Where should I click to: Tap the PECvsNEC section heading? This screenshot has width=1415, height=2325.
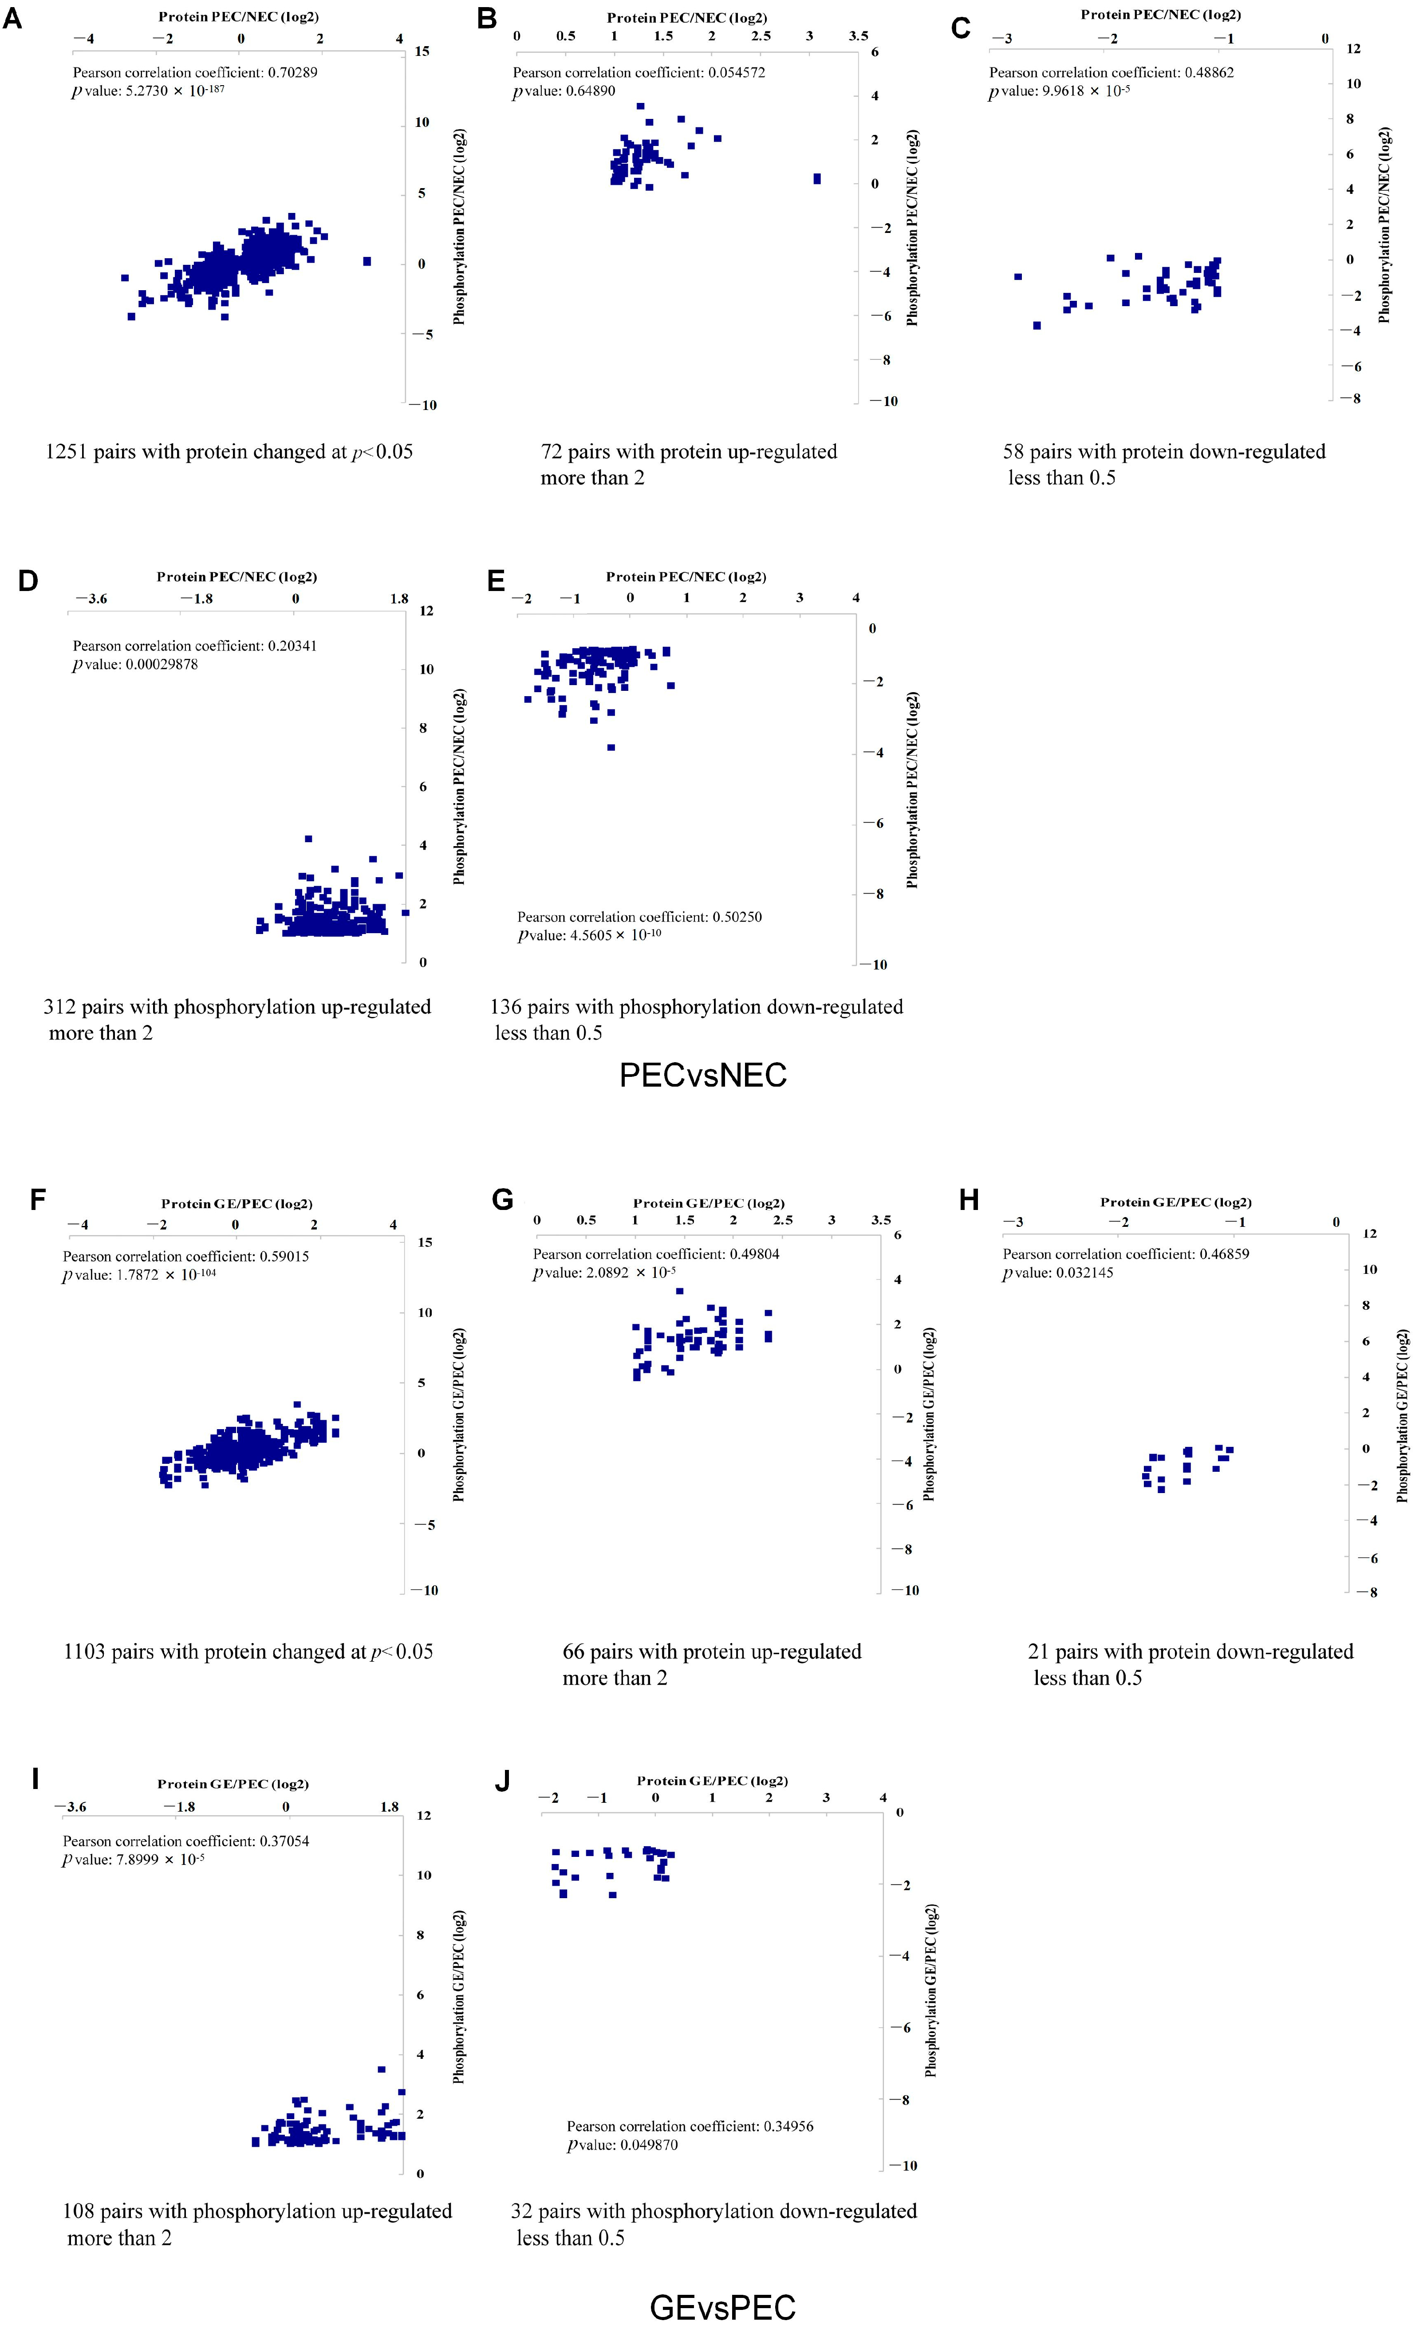coord(703,1075)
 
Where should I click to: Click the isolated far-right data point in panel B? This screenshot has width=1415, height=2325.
coord(817,178)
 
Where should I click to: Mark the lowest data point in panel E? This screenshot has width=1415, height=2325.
coord(611,747)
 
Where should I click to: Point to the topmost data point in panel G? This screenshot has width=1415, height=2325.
coord(679,1291)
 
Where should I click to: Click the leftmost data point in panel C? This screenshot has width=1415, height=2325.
coord(1018,276)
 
